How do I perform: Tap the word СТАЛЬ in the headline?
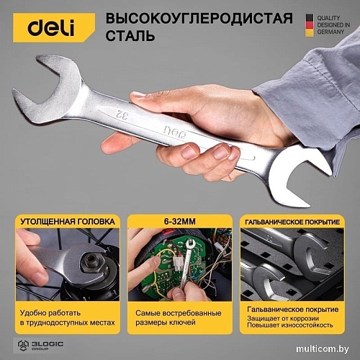pos(130,35)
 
